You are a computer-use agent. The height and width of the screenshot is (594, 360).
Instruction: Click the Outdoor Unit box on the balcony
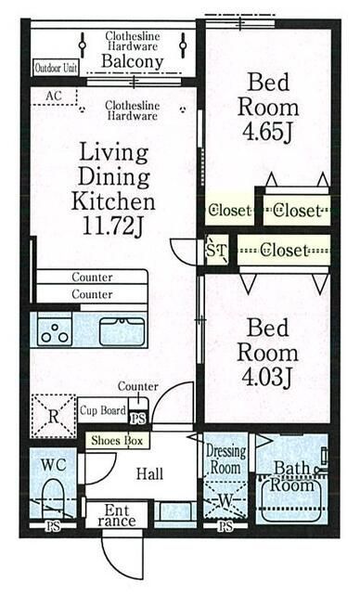coord(56,68)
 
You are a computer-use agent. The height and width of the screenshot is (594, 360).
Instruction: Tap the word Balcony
coord(132,61)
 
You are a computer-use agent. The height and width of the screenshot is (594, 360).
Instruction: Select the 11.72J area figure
coord(113,226)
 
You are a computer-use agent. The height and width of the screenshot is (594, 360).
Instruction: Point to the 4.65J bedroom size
coord(267,132)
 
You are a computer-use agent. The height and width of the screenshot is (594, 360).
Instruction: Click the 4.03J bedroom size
coord(267,377)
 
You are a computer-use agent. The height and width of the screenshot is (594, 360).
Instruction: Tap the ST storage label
coord(216,250)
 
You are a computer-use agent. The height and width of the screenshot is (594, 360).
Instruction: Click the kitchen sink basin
coord(122,331)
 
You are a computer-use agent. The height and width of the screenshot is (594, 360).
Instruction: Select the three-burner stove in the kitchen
coord(55,331)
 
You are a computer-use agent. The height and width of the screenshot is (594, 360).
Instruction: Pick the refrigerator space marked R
coord(54,417)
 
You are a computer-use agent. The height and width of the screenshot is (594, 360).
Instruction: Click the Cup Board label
coord(103,410)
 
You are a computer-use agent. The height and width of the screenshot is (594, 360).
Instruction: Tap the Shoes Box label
coord(117,441)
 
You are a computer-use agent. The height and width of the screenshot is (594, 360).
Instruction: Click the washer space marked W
coord(225,500)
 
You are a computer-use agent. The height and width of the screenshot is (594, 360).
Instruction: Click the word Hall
coord(150,473)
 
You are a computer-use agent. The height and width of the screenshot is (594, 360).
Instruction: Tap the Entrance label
coord(116,515)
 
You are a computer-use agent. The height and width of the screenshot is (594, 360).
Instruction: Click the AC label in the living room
coord(54,96)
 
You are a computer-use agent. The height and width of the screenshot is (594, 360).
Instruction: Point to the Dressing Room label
coord(225,459)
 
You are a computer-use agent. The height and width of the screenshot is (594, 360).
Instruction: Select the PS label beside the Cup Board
coord(138,419)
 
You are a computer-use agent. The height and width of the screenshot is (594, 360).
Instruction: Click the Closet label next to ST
coord(284,250)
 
